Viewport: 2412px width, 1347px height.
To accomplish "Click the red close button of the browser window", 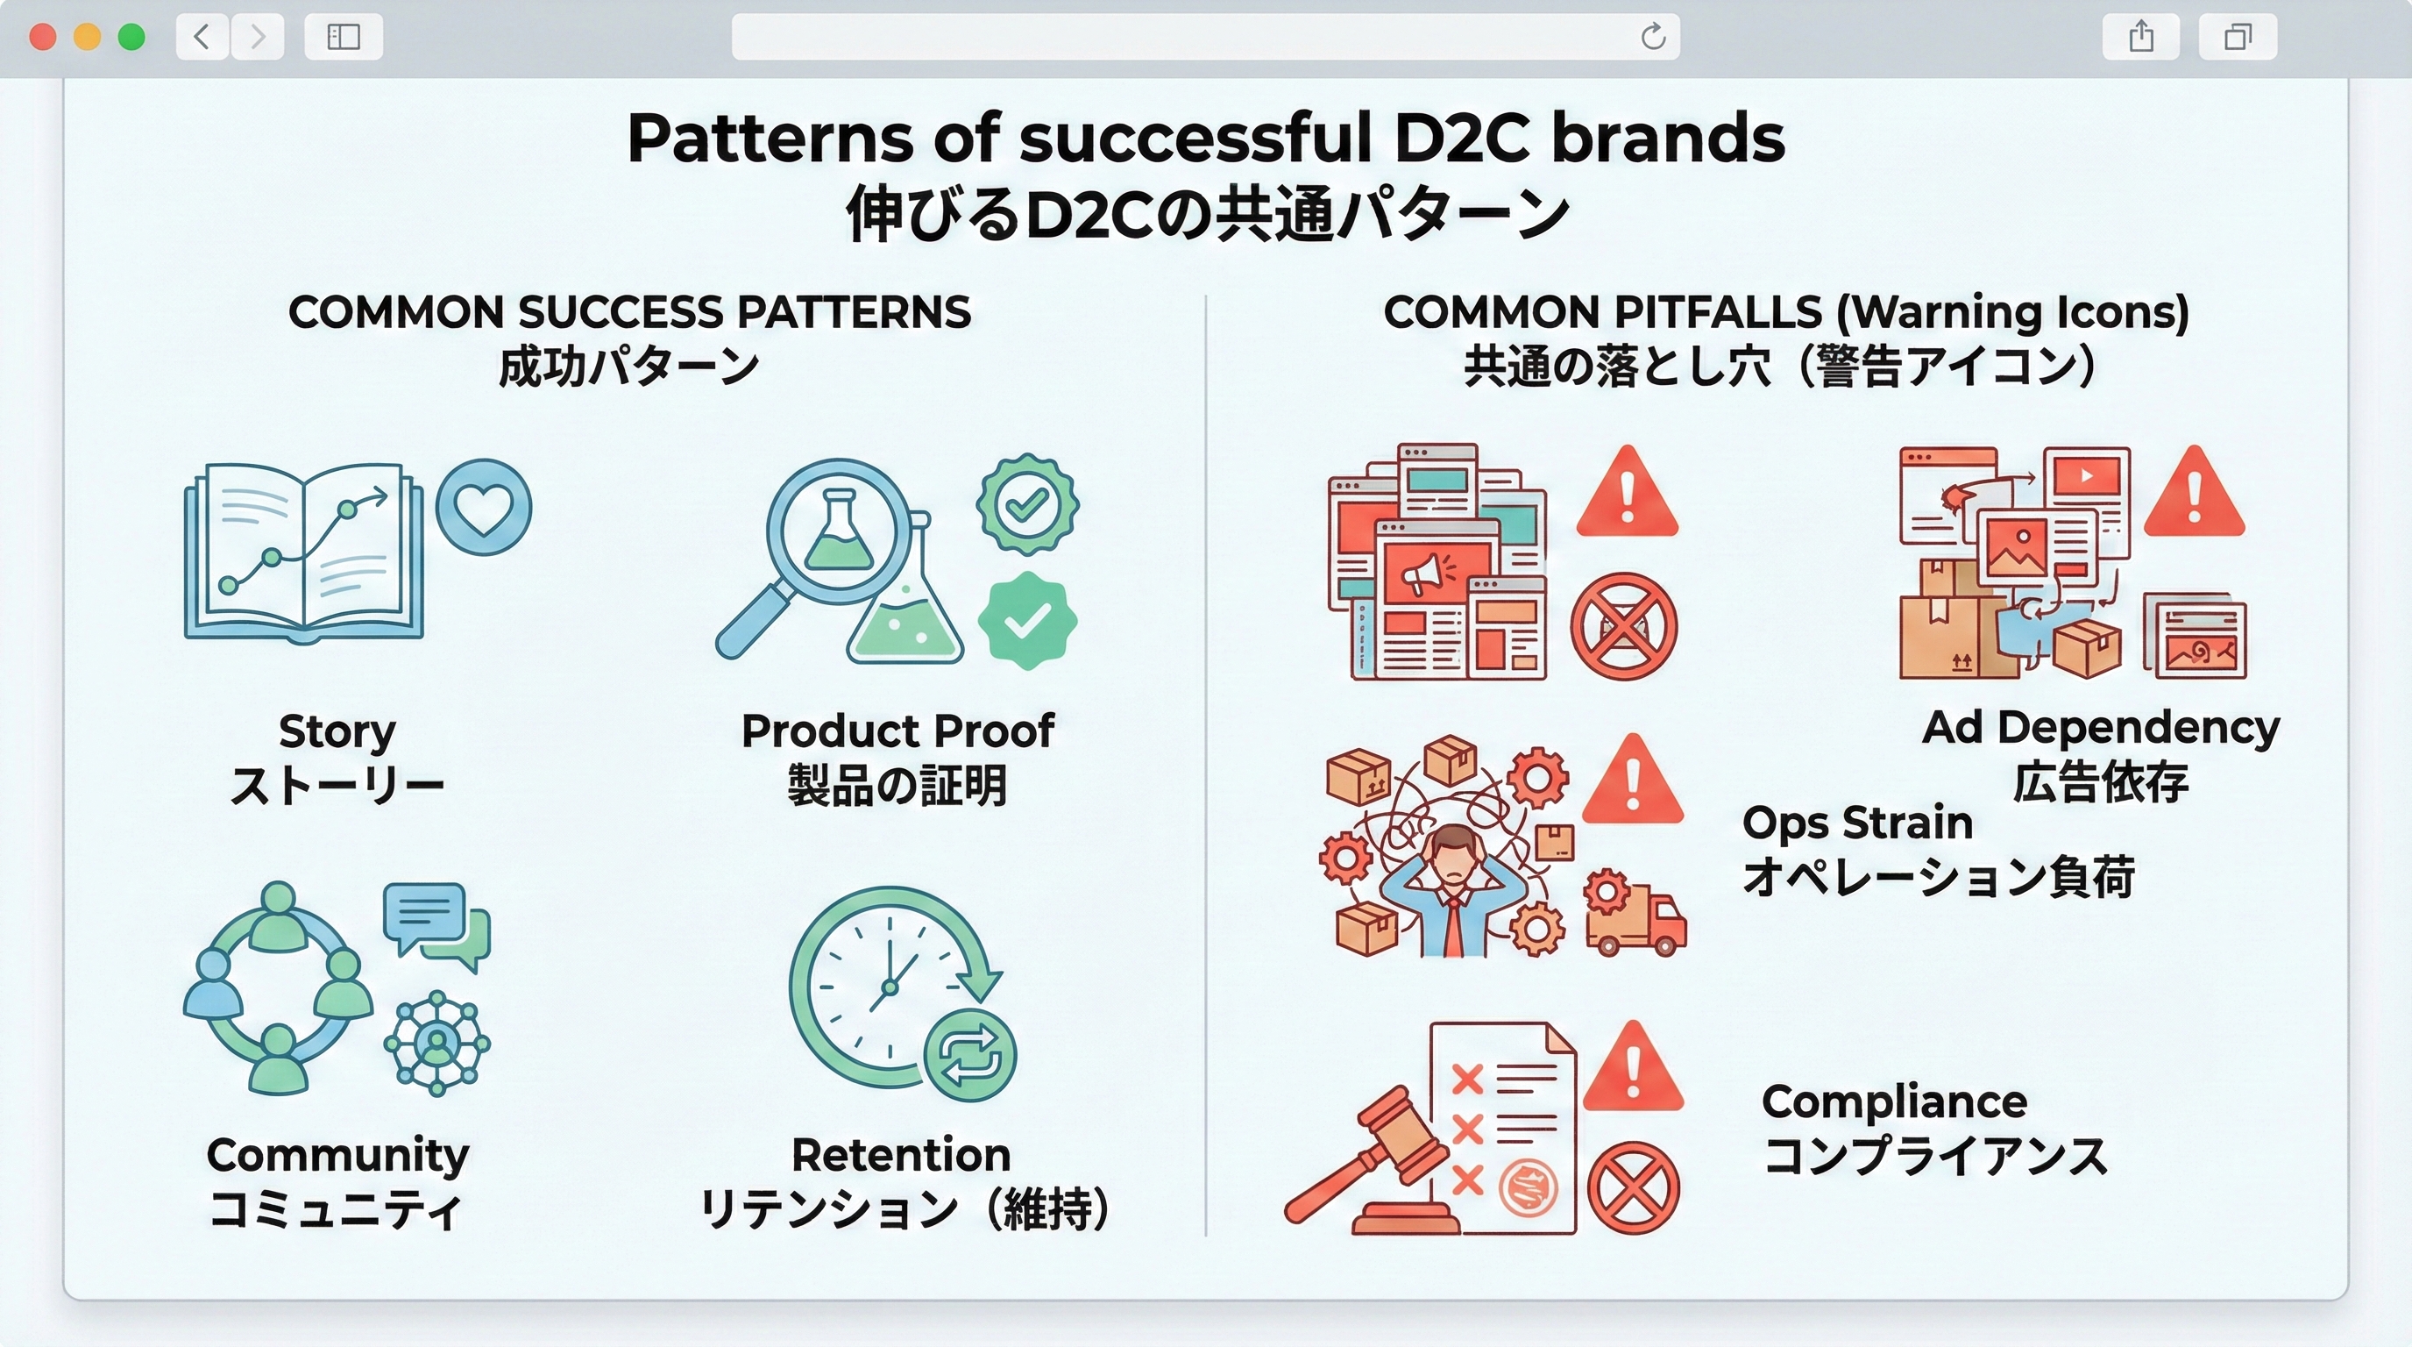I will click(43, 37).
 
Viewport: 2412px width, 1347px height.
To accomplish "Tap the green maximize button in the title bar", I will click(132, 37).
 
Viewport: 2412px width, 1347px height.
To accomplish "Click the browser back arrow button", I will click(202, 37).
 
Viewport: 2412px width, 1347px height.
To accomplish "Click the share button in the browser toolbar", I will click(2140, 37).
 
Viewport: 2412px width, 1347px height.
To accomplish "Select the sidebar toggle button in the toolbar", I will click(344, 37).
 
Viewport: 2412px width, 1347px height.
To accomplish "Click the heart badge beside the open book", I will click(483, 507).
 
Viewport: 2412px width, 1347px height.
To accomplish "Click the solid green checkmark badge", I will click(1027, 620).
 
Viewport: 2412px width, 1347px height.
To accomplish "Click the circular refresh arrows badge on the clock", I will click(970, 1055).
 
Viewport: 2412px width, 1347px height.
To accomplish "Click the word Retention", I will click(901, 1154).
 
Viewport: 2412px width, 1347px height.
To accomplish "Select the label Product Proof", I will click(897, 731).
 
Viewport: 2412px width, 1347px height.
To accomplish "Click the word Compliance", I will click(1894, 1101).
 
